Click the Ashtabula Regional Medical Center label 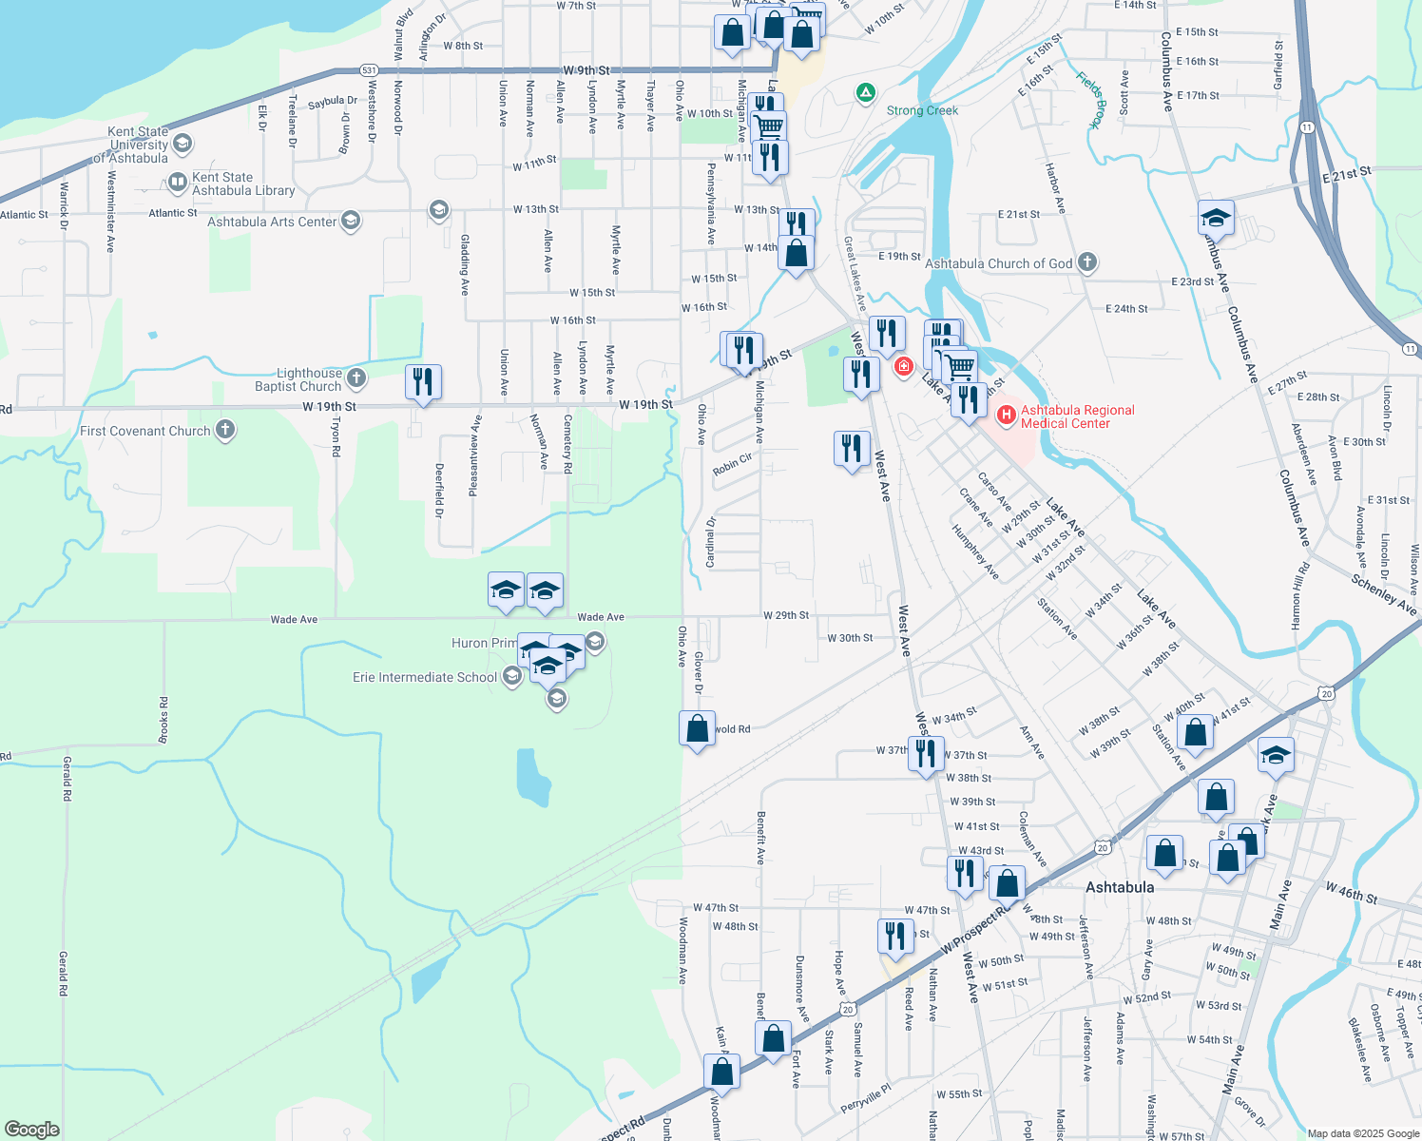[x=1077, y=416]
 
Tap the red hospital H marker [x=1006, y=416]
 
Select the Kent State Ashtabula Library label [x=243, y=184]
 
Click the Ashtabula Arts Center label [x=272, y=222]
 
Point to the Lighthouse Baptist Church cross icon [x=356, y=378]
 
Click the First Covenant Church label [x=144, y=431]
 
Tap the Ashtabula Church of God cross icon [x=1088, y=262]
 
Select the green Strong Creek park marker [x=865, y=93]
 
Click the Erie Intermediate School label [x=424, y=677]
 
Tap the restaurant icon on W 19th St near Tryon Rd [x=423, y=382]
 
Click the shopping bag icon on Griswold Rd [x=697, y=729]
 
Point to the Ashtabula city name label [x=1120, y=887]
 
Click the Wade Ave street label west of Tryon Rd [x=294, y=619]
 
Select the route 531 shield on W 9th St [x=369, y=70]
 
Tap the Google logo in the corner [x=31, y=1129]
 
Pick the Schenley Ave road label [x=1383, y=594]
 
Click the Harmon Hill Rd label [x=1300, y=595]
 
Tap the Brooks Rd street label [x=163, y=720]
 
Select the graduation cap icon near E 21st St [x=1216, y=219]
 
